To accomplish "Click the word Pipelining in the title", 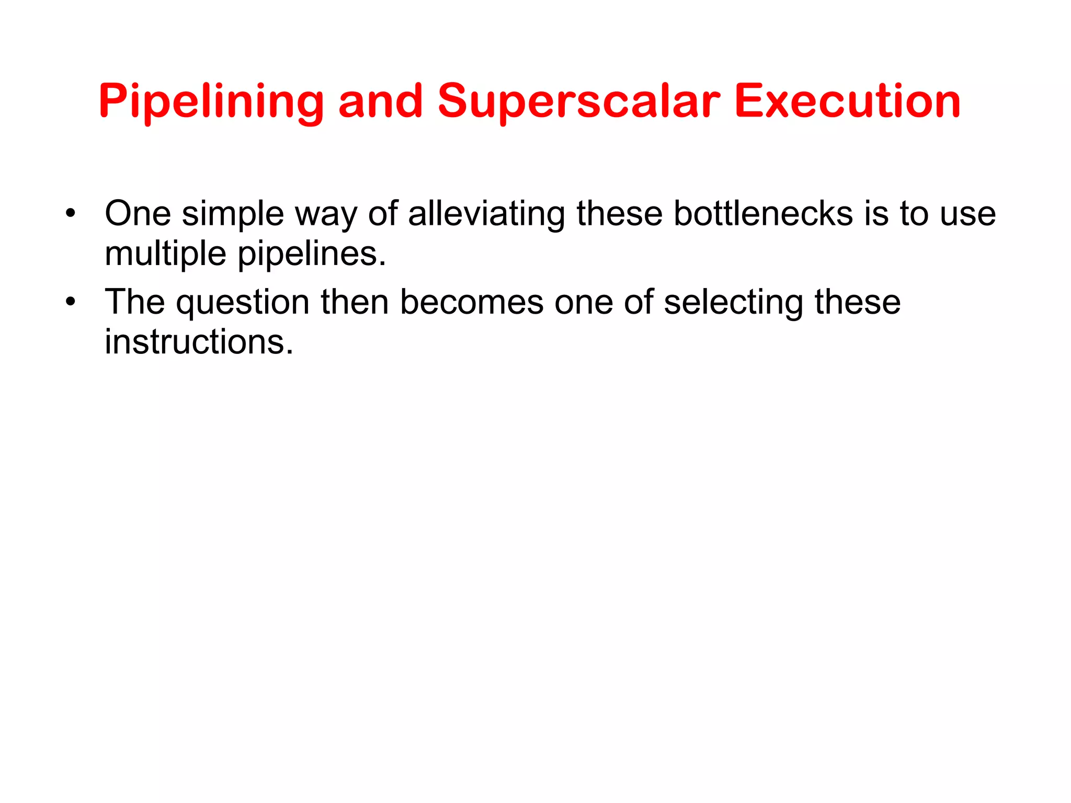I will point(211,101).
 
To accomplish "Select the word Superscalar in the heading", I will point(578,101).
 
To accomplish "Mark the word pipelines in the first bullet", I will point(312,254).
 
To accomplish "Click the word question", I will point(243,303).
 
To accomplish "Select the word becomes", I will point(472,302).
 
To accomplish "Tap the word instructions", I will point(199,342).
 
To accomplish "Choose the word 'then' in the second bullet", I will point(355,302).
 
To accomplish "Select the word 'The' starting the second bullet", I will point(135,302).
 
